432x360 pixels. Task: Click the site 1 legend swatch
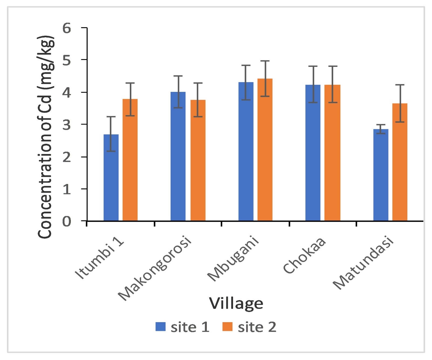pos(160,327)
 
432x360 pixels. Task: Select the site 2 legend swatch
pos(227,327)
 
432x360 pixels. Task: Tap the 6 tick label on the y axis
pos(67,28)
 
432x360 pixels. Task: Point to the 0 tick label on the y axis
pos(67,222)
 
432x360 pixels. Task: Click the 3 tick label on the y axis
pos(67,125)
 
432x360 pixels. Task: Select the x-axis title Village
pos(236,303)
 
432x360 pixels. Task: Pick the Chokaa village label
pos(304,255)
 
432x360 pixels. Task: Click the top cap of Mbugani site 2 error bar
pos(265,61)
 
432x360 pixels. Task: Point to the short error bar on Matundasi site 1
pos(381,129)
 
